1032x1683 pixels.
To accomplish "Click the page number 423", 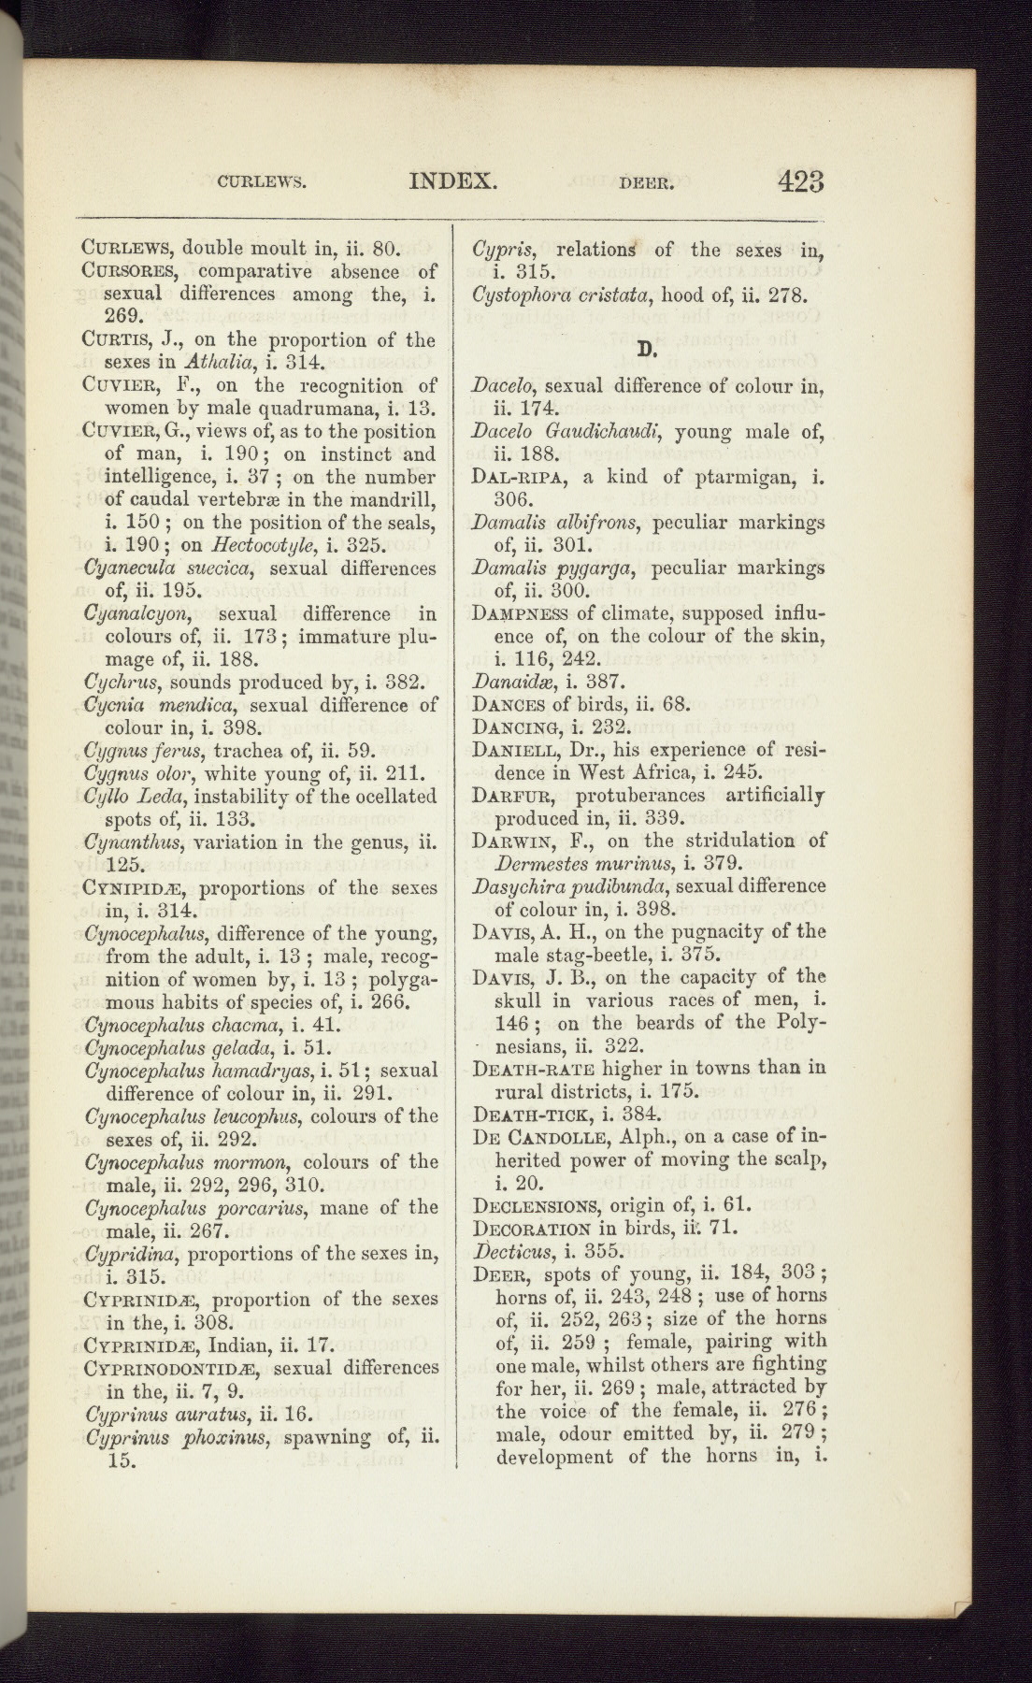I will (800, 180).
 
